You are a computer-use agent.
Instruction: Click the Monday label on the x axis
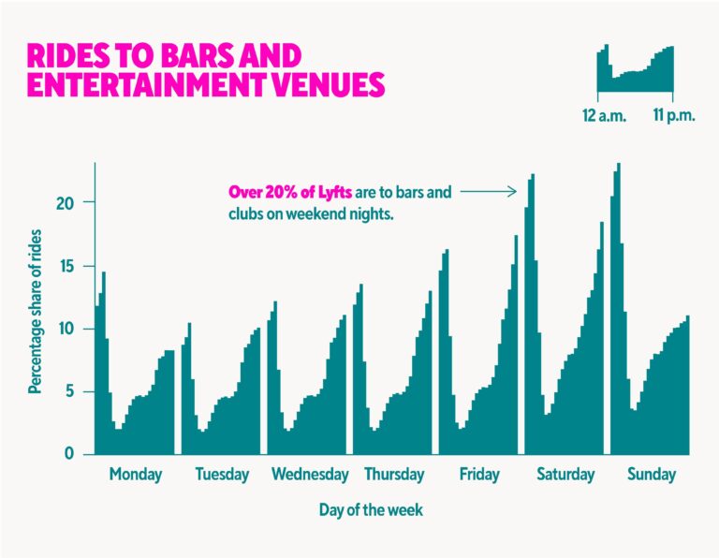tap(135, 475)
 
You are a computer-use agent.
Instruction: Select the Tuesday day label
tap(222, 475)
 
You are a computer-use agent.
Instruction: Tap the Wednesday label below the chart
tap(310, 475)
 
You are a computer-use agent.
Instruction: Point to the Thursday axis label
tap(394, 475)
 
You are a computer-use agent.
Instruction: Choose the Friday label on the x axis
tap(479, 475)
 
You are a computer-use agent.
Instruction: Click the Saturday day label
tap(565, 475)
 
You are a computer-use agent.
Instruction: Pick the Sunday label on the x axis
tap(651, 475)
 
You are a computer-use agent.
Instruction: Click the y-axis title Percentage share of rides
tap(35, 308)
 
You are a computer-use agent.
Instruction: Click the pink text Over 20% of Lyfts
tap(290, 192)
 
